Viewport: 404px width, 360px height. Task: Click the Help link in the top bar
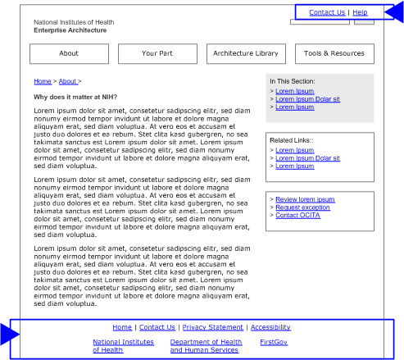pos(360,12)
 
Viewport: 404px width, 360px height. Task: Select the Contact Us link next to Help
pos(327,12)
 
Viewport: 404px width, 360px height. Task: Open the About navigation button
pos(69,53)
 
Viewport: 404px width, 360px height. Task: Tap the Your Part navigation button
pos(157,53)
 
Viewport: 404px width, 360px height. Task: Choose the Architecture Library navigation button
pos(245,53)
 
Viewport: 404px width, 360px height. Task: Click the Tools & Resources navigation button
pos(334,53)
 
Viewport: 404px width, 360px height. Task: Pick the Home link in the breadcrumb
pos(42,82)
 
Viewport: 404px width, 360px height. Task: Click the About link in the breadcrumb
pos(68,82)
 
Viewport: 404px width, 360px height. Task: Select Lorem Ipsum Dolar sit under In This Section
pos(307,99)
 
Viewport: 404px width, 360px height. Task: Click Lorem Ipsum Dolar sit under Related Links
pos(307,158)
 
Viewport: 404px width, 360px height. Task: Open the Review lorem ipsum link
pos(305,199)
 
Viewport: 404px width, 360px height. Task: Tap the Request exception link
pos(302,207)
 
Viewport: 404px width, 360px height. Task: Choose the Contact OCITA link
pos(297,216)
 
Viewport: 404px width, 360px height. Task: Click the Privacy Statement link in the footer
pos(212,327)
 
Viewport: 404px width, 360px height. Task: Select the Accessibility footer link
pos(270,327)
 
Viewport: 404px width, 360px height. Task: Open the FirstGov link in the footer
pos(274,342)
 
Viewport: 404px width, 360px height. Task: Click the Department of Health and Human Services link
pos(206,346)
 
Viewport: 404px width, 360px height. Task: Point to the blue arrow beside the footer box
pos(9,335)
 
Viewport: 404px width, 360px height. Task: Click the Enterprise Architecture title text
pos(70,30)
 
